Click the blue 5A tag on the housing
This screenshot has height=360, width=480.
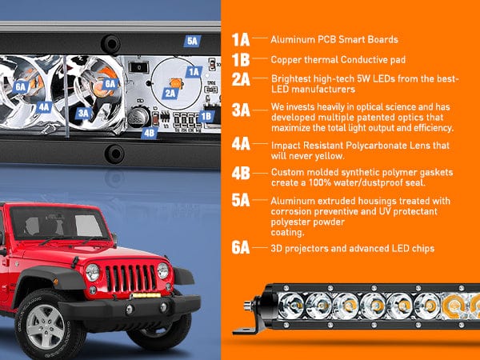192,41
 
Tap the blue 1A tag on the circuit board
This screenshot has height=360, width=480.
194,72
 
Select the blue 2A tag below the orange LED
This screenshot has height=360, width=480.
170,93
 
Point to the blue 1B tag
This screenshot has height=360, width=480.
206,116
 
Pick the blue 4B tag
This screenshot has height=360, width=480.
150,133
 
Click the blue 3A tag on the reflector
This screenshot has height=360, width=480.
83,114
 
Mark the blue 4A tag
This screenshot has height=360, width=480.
44,107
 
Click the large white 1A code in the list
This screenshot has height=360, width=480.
241,40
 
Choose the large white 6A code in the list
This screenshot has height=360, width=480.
241,247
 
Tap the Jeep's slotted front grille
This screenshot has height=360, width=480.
130,278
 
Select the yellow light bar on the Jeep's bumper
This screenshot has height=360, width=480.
146,295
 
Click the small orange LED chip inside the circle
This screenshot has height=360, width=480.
176,83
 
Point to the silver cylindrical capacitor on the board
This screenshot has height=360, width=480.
138,117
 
